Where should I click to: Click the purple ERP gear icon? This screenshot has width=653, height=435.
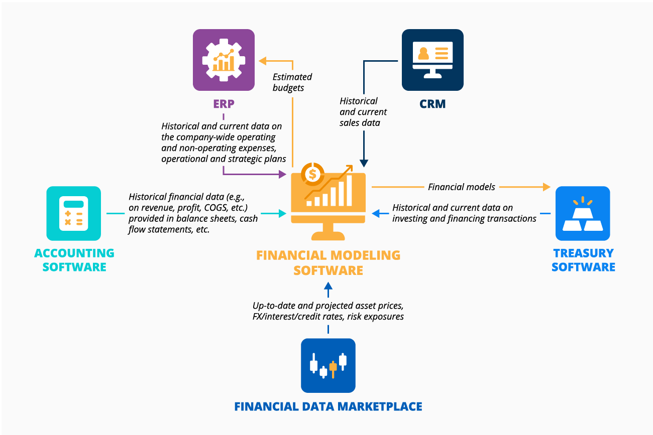pyautogui.click(x=224, y=59)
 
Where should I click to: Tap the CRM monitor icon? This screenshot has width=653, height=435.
pyautogui.click(x=432, y=59)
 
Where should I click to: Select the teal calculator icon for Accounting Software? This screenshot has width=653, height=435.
pyautogui.click(x=74, y=213)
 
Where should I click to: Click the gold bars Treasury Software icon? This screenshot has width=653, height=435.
pyautogui.click(x=583, y=213)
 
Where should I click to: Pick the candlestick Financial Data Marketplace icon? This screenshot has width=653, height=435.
pyautogui.click(x=328, y=365)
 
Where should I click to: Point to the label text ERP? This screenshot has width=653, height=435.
pyautogui.click(x=224, y=104)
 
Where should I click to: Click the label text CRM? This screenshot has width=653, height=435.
pyautogui.click(x=432, y=104)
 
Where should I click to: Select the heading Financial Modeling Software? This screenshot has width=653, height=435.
pyautogui.click(x=328, y=262)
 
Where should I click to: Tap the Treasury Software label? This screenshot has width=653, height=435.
pyautogui.click(x=583, y=260)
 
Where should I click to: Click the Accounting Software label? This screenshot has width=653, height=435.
pyautogui.click(x=74, y=260)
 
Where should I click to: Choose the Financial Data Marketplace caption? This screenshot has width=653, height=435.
pyautogui.click(x=328, y=406)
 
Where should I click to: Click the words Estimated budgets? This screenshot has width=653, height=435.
pyautogui.click(x=292, y=82)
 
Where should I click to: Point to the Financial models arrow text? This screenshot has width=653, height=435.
pyautogui.click(x=461, y=187)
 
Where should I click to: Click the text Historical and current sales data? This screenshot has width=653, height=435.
pyautogui.click(x=363, y=112)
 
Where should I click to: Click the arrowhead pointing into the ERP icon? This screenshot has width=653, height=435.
pyautogui.click(x=262, y=61)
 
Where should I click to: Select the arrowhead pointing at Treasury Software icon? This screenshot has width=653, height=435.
pyautogui.click(x=547, y=187)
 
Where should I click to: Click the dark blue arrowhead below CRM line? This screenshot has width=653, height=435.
pyautogui.click(x=364, y=164)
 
